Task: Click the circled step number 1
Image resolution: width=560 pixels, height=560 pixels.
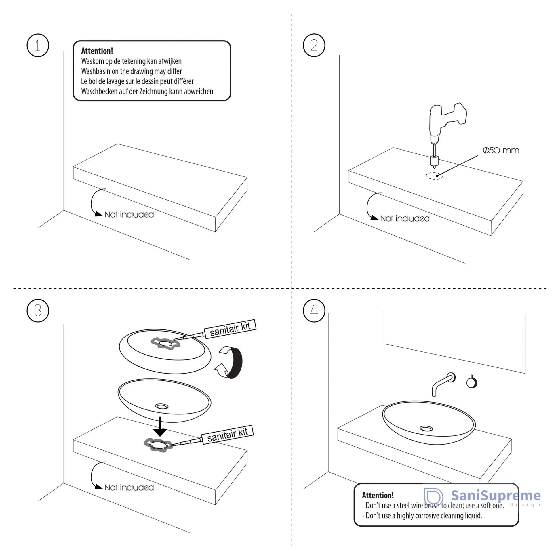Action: point(38,45)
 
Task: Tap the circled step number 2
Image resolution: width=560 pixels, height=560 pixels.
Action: point(314,45)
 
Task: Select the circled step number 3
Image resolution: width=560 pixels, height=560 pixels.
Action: point(38,311)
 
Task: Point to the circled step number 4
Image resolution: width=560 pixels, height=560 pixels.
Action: point(314,311)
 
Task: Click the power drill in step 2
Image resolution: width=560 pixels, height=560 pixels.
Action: point(443,125)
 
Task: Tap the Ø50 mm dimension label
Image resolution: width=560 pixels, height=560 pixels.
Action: point(501,150)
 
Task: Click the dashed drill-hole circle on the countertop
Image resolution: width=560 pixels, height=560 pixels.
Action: point(434,176)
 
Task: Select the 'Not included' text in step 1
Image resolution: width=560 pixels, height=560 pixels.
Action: point(129,214)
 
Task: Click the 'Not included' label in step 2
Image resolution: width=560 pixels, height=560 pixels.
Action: point(405,218)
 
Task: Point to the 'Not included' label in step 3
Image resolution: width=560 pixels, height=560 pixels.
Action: point(129,487)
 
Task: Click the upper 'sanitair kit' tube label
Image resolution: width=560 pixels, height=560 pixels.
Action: point(230,329)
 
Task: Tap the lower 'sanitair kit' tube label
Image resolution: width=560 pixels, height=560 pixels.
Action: point(227,435)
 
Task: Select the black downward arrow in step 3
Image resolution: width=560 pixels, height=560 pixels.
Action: point(160,427)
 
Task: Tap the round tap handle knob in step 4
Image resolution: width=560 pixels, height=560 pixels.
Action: point(472,382)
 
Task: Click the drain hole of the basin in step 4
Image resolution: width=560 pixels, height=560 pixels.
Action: point(426,429)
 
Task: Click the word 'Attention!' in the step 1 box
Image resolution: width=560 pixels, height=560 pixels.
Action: point(97,51)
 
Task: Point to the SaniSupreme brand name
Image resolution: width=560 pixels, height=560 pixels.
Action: point(496,495)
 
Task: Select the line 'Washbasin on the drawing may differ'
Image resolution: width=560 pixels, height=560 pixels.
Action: point(131,71)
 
